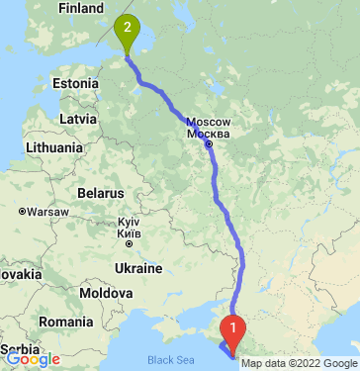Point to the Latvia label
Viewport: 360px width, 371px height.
pyautogui.click(x=77, y=119)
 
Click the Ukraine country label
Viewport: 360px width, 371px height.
pyautogui.click(x=137, y=268)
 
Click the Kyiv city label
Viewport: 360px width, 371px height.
pyautogui.click(x=129, y=223)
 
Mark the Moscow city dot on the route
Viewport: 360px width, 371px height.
pyautogui.click(x=210, y=144)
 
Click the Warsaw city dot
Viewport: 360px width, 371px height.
pyautogui.click(x=22, y=211)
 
